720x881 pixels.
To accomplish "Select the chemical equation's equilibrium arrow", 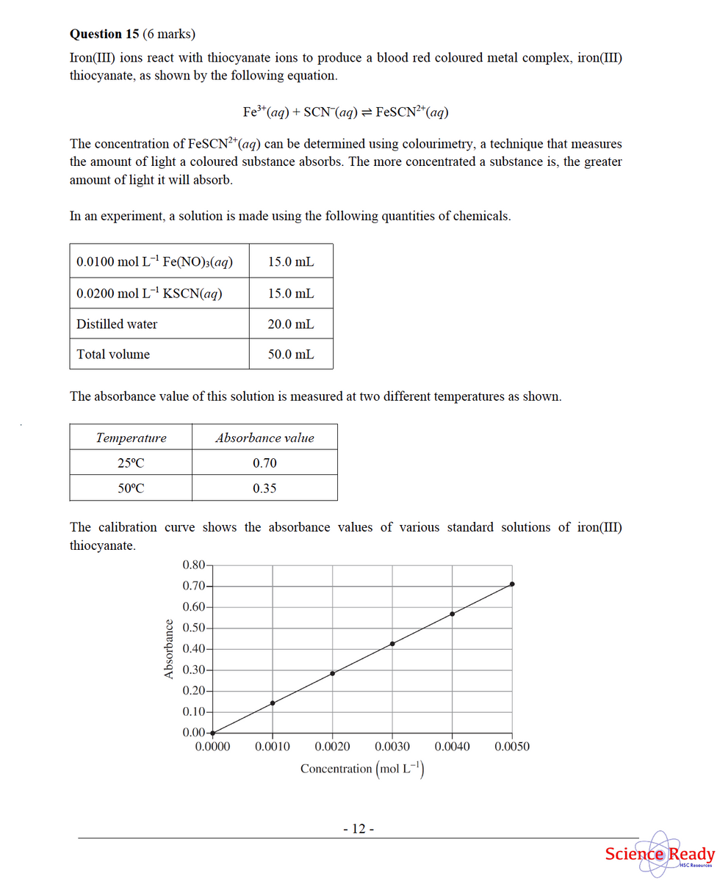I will tap(366, 112).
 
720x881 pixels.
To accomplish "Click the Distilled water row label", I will tap(117, 324).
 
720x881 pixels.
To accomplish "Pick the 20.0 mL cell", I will tap(291, 324).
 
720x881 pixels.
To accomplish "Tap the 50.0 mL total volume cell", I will tap(291, 354).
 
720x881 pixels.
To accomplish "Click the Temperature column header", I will tap(131, 438).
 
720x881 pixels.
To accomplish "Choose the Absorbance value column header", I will tap(264, 438).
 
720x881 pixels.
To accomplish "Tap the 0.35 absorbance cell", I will tap(264, 488).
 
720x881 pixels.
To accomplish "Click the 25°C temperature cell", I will tap(131, 463).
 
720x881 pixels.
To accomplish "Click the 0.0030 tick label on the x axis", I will tap(392, 747).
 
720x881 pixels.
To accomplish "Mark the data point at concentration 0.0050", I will tap(512, 584).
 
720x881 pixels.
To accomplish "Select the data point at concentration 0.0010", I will tap(273, 703).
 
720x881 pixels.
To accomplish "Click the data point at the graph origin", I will tap(212, 733).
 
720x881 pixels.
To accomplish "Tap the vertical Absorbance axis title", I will tap(169, 650).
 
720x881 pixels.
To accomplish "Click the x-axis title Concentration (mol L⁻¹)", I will tap(363, 769).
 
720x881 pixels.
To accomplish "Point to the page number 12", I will tap(359, 829).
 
